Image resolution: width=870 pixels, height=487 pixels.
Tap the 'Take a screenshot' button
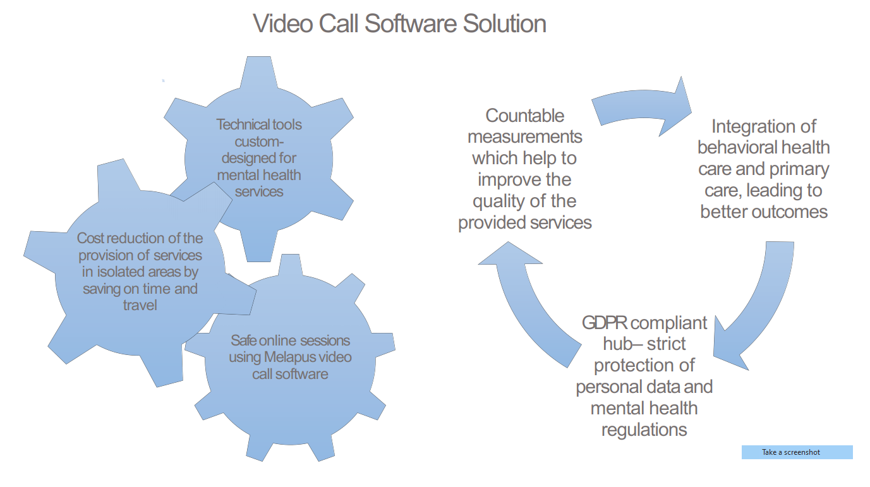point(797,452)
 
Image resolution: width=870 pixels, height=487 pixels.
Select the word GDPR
point(605,323)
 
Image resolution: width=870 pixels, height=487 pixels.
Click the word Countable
point(524,116)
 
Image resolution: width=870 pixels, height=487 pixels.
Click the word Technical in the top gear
point(237,124)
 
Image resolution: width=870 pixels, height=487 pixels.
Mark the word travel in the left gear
point(140,306)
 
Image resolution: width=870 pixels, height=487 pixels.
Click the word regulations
point(644,430)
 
